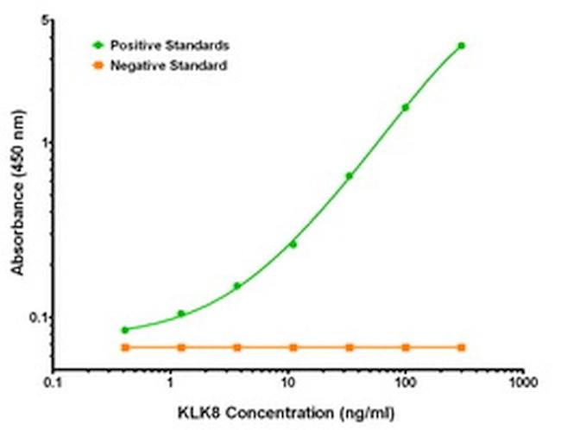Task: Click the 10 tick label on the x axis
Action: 287,380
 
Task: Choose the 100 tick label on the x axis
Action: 404,380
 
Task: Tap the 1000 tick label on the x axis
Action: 520,380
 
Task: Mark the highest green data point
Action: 461,46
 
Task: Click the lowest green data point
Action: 125,330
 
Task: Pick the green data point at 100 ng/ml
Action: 405,108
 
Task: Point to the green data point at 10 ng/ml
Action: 293,244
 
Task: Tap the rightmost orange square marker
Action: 461,347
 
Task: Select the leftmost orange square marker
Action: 125,347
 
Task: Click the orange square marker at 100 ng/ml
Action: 405,347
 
